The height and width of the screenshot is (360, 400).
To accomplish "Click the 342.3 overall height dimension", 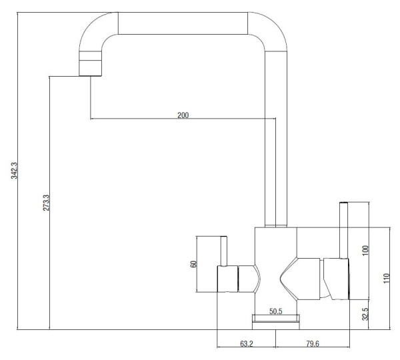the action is click(x=14, y=171).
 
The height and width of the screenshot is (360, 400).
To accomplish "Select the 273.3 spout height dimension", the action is click(x=46, y=203).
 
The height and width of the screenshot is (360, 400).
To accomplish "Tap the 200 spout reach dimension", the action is click(x=183, y=115).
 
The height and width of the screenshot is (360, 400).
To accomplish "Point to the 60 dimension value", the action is click(x=193, y=264).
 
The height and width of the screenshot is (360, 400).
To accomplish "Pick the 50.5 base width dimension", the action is click(x=276, y=311).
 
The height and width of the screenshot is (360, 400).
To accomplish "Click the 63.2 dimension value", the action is click(x=247, y=344).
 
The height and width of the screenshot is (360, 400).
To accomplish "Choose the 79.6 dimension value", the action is click(x=313, y=344).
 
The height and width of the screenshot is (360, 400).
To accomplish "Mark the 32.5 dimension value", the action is click(x=365, y=314).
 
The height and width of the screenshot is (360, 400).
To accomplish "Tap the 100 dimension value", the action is click(x=365, y=250).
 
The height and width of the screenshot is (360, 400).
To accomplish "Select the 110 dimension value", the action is click(x=387, y=278).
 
